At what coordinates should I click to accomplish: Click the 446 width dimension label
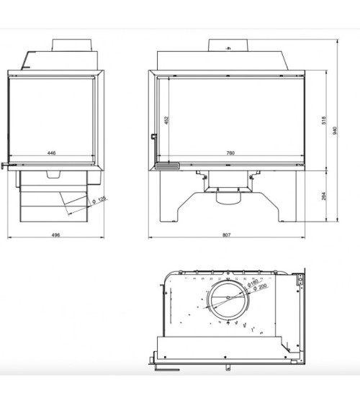pos(52,153)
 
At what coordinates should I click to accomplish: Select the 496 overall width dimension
pos(55,235)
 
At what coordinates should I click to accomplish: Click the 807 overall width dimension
pos(226,235)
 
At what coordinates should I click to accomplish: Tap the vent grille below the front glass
pos(168,165)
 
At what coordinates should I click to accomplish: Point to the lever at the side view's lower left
pos(6,167)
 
